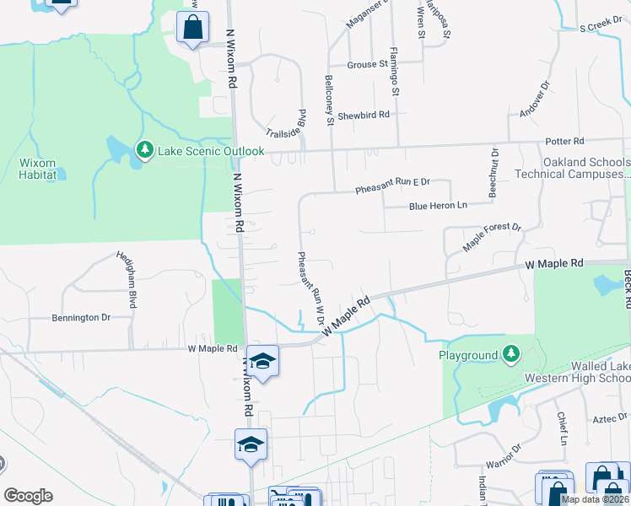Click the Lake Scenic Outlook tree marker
[x=144, y=151]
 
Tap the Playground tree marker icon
[x=510, y=355]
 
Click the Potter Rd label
[x=565, y=141]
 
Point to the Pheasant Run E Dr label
[x=392, y=181]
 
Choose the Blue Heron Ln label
[x=438, y=205]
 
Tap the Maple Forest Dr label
[x=493, y=238]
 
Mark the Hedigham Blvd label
[x=132, y=279]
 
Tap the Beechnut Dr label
[x=494, y=172]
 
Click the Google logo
[x=28, y=496]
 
